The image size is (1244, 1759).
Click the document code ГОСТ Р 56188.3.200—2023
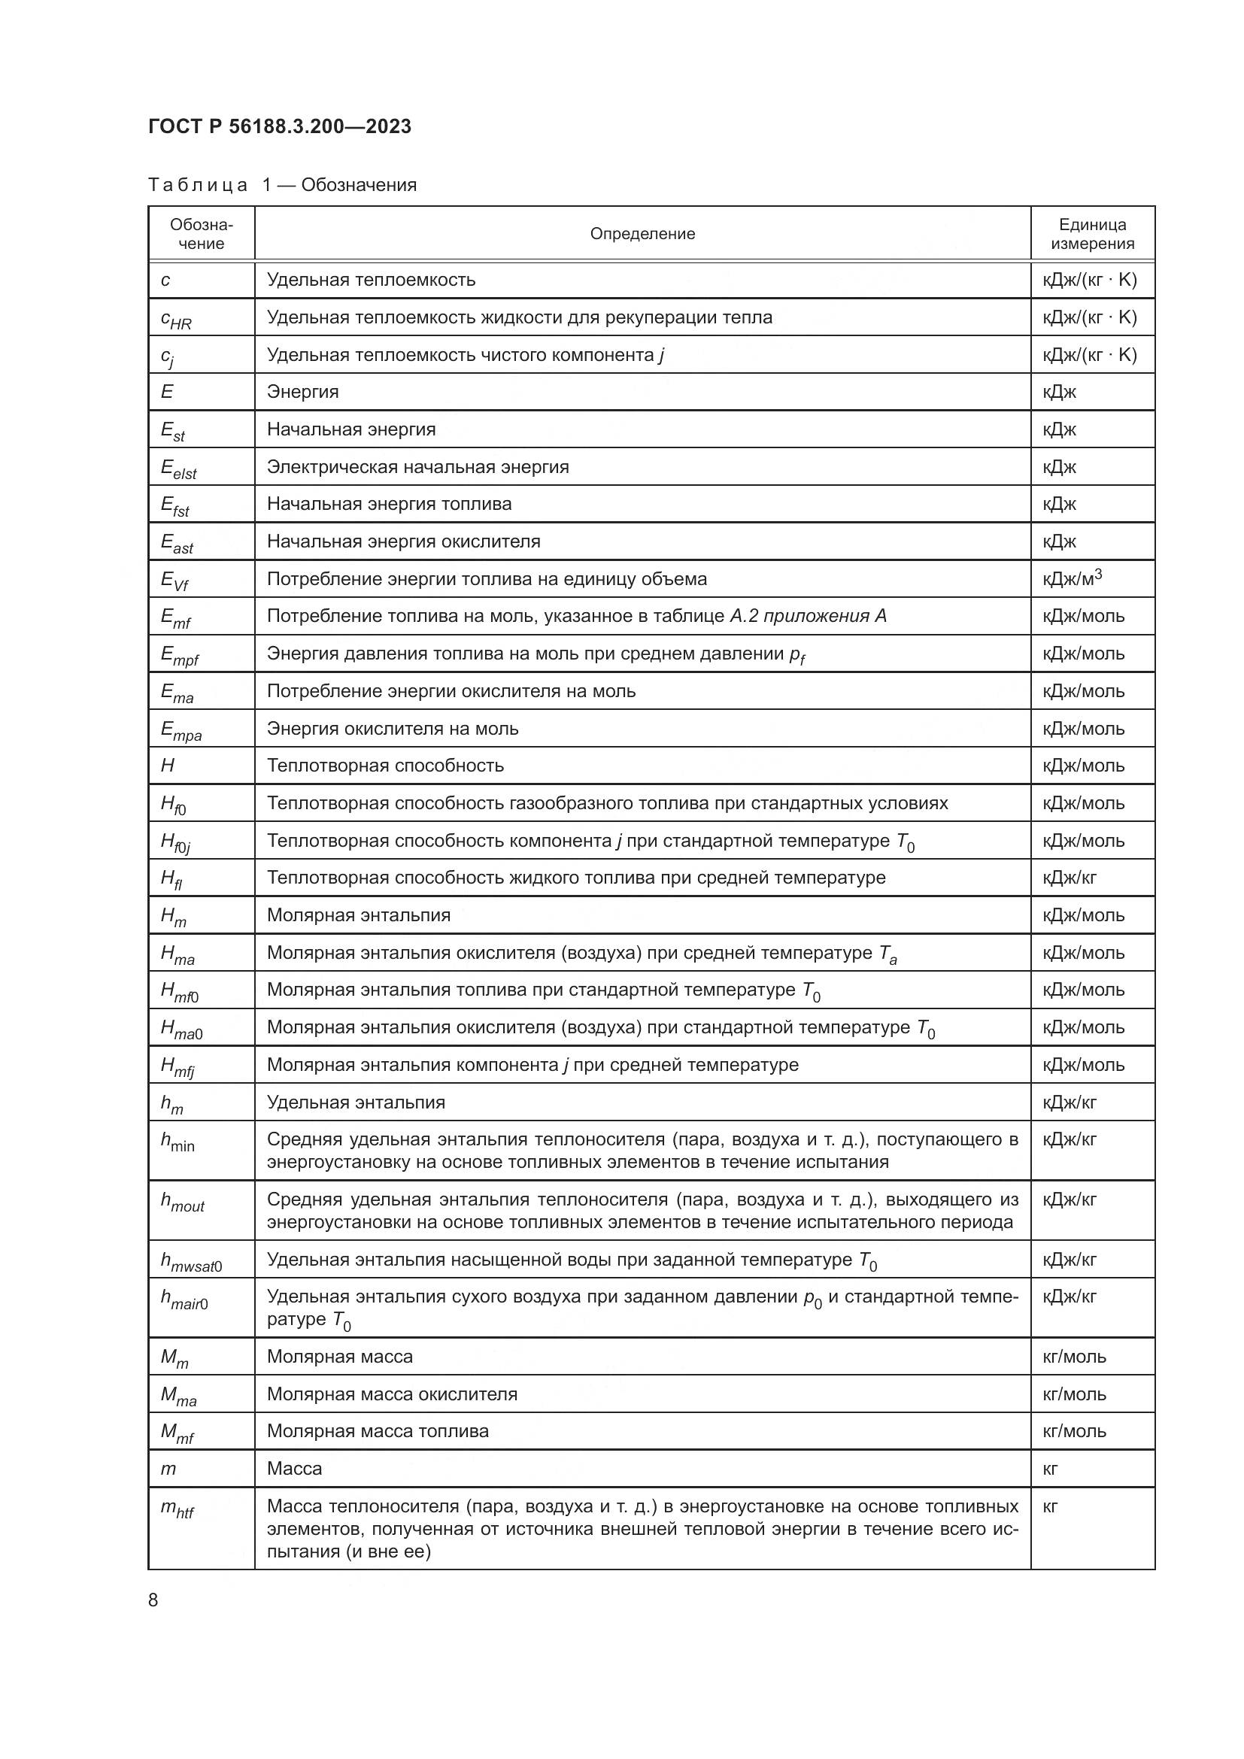click(280, 126)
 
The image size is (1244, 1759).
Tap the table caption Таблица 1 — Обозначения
click(282, 185)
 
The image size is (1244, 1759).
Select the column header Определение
click(642, 234)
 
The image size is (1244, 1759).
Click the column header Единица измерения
click(1091, 234)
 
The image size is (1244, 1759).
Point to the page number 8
click(153, 1600)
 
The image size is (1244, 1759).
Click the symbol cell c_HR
click(176, 319)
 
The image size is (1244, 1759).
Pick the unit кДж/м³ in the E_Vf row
click(1072, 578)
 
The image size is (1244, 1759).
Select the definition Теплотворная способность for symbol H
click(384, 766)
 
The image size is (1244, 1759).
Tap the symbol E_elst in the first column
click(178, 468)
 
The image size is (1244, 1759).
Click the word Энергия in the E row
click(302, 392)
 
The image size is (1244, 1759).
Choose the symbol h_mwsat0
click(191, 1261)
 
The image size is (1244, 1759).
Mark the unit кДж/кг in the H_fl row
click(1069, 877)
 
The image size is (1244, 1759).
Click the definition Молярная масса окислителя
click(391, 1394)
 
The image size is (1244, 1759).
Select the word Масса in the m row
click(294, 1469)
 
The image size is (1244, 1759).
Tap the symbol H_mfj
click(177, 1066)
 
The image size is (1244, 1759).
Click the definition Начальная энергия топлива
click(388, 503)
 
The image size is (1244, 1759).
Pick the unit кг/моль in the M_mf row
click(1074, 1430)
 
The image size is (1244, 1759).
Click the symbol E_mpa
click(181, 730)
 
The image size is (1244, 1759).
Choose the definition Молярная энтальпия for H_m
click(358, 914)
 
